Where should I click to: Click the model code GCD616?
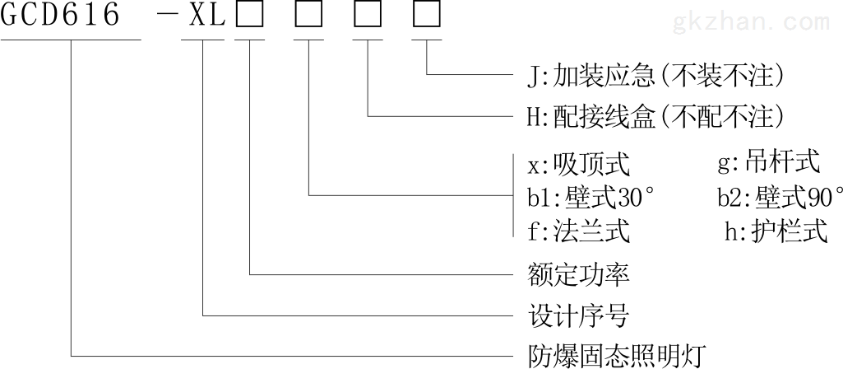tap(60, 15)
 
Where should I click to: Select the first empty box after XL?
tap(249, 16)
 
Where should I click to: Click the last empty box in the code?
tap(427, 16)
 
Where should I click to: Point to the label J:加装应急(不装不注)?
tap(655, 76)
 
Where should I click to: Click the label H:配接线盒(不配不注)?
tap(655, 116)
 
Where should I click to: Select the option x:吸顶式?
tap(578, 165)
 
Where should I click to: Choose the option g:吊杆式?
tap(769, 162)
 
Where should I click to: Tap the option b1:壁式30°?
tap(592, 199)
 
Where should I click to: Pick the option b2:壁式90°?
tap(780, 199)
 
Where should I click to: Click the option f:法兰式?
tap(578, 232)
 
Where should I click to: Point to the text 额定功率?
tap(579, 275)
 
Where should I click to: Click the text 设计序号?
tap(579, 315)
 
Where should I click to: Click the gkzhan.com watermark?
tap(750, 21)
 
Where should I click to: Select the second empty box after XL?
tap(308, 16)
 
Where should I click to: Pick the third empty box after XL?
tap(368, 16)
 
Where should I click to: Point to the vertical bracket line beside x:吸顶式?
tap(513, 195)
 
